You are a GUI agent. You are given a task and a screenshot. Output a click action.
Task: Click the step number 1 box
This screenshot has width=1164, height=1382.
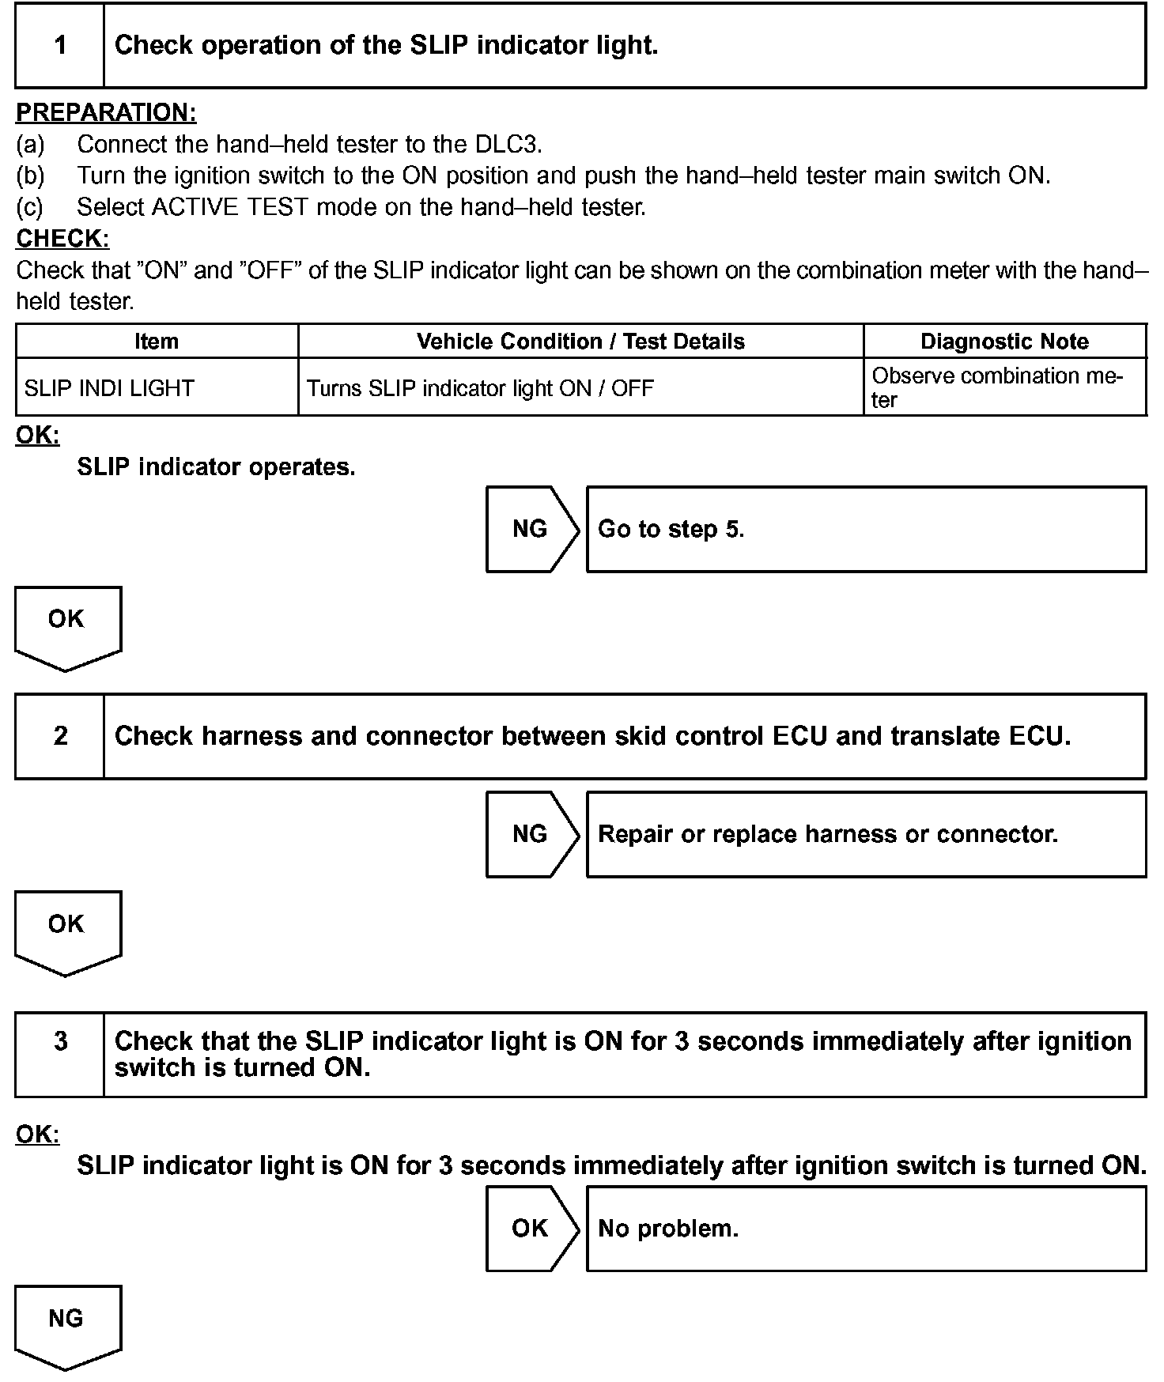point(60,45)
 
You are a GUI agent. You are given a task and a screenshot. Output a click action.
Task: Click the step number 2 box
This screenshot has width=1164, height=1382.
point(60,736)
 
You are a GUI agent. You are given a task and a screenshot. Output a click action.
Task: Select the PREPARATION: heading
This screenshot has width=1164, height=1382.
point(106,112)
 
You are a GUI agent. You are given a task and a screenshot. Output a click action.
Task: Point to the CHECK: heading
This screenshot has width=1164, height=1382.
point(62,238)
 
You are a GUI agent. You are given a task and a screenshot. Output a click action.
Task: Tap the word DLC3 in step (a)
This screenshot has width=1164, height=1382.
point(507,144)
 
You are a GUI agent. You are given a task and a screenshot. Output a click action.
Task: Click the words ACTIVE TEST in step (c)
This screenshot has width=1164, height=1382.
point(229,207)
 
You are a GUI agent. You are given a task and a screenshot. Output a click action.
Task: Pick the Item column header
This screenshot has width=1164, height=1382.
point(157,342)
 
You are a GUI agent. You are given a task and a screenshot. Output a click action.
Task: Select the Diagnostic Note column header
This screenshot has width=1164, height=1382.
point(1004,342)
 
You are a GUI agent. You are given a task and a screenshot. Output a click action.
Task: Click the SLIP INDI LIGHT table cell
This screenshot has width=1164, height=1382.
point(109,388)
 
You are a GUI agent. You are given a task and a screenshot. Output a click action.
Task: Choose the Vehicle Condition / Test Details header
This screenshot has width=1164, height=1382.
point(580,342)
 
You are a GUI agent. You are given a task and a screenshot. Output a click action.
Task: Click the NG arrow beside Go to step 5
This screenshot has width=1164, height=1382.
point(531,529)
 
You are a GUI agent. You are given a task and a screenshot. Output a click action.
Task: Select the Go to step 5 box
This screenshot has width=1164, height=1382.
point(865,529)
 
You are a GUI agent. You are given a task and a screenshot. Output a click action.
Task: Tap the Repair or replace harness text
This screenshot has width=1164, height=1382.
point(827,834)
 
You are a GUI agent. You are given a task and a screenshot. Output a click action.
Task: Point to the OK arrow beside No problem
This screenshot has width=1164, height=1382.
point(531,1228)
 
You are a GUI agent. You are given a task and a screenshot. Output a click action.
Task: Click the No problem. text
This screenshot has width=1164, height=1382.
point(668,1229)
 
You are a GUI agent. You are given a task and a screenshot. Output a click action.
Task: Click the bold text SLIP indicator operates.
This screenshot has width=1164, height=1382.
point(216,467)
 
